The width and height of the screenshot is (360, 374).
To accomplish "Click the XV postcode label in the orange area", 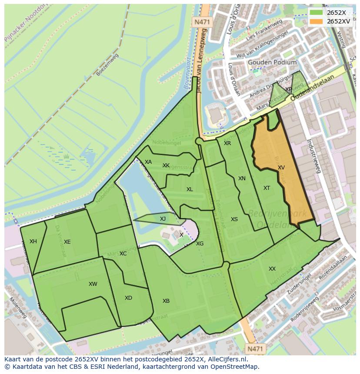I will coord(281,168).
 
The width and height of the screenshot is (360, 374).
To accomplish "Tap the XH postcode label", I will coord(33,242).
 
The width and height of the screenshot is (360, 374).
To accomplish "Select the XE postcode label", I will coord(67,242).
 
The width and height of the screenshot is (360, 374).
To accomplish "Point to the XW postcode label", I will coord(93,284).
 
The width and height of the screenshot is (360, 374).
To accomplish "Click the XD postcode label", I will coord(128,298).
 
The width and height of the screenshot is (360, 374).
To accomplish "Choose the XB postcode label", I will coord(166,301).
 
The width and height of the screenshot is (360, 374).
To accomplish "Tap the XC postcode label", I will coord(123,254).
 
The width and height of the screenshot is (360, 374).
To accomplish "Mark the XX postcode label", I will coord(272,269).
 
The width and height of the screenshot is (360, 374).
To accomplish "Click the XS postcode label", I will coord(234,219).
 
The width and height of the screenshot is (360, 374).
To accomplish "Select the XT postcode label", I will coord(267,188).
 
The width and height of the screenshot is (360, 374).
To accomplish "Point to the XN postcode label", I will coord(242,179).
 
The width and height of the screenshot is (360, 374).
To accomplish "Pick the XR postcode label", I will coord(227,143).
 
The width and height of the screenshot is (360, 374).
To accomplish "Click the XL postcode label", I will coord(190,189).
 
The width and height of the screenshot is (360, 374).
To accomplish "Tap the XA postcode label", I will coord(148,162).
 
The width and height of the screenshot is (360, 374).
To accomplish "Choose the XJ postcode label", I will coord(163,219).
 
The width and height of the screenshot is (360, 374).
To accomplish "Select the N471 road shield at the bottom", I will coord(255,348).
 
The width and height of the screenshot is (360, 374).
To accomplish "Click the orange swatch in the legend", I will coord(317,21).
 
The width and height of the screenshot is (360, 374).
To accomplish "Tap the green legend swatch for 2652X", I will coord(317,13).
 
